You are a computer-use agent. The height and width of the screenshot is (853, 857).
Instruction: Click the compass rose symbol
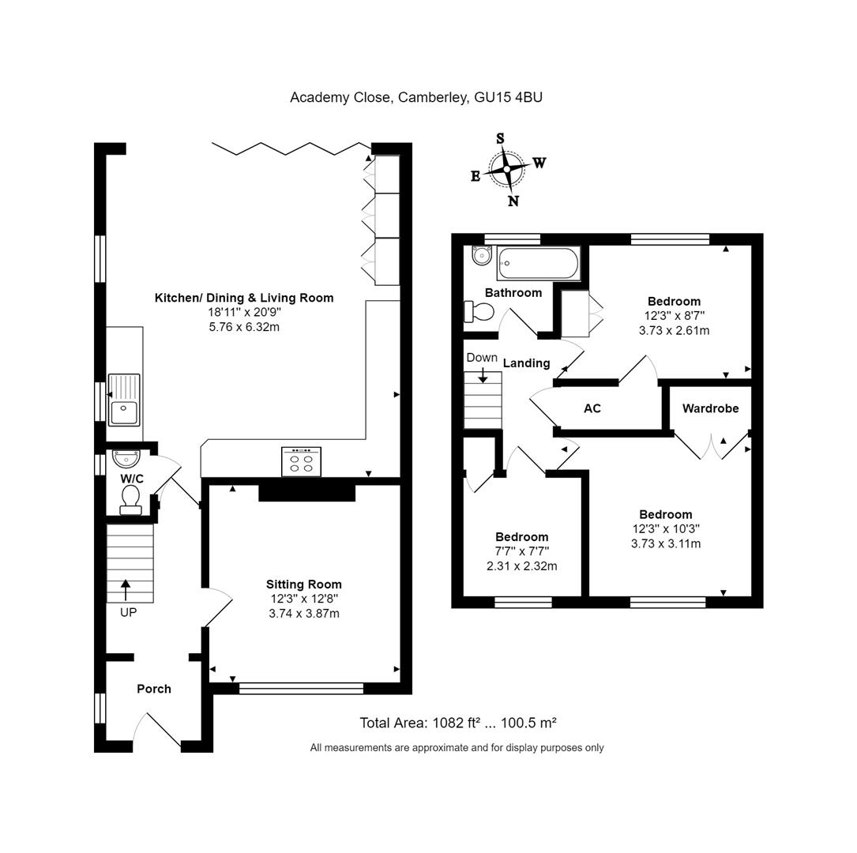coord(506,169)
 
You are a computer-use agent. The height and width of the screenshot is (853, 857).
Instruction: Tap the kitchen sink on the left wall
coord(124,400)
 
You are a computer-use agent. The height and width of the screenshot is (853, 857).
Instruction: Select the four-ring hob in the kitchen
coord(302,462)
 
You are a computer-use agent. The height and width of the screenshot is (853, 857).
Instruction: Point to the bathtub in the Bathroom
coord(539,264)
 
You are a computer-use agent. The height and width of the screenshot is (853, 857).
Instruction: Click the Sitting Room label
coord(303,584)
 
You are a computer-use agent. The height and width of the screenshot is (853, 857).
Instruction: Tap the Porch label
coord(154,689)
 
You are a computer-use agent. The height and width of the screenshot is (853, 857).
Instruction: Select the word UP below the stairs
coord(128,612)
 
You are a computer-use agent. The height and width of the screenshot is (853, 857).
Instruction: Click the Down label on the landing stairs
coord(482,358)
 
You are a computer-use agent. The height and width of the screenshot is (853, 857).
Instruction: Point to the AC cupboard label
coord(592,408)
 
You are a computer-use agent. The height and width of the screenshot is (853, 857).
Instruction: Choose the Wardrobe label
coord(710,408)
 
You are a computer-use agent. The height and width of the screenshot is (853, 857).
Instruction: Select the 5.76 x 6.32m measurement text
coord(243,327)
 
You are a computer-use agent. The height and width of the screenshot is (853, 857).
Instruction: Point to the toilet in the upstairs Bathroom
coord(479,313)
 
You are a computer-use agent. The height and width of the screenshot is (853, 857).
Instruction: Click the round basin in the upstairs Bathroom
coord(480,256)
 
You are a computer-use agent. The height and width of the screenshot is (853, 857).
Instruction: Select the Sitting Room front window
coord(301,689)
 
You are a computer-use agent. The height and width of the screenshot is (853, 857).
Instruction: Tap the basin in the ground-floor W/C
coord(126,457)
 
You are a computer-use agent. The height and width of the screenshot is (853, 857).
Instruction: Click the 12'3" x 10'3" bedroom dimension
coord(666,529)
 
